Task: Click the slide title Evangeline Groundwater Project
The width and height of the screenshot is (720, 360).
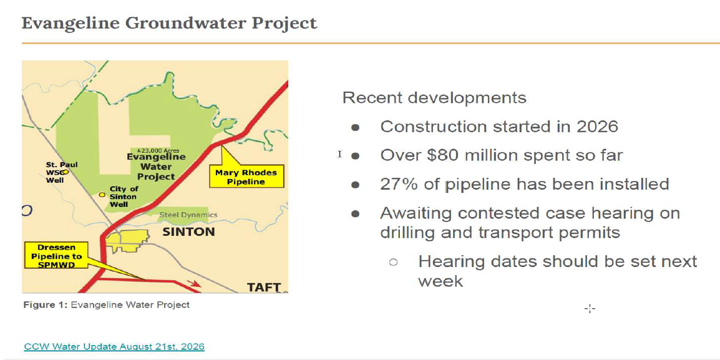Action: (170, 23)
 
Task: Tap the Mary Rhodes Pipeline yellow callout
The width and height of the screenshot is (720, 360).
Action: (246, 177)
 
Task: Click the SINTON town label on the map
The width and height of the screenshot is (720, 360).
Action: (188, 231)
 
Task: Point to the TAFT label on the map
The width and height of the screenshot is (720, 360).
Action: (264, 288)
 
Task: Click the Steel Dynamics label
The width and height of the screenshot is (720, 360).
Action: (188, 215)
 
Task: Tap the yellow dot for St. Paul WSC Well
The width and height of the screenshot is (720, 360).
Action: (66, 172)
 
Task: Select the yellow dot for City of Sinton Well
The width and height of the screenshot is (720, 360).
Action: (102, 195)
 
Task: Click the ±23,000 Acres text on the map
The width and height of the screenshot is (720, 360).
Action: (158, 150)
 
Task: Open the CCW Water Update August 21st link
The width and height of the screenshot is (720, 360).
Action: (114, 346)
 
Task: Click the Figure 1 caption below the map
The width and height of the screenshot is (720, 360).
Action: (107, 304)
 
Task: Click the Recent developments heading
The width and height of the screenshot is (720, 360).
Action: (434, 98)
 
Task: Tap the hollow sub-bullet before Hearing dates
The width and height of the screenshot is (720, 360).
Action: (393, 262)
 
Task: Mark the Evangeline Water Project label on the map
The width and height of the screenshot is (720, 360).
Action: (157, 166)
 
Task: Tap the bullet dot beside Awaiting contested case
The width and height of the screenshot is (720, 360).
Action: (356, 213)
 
